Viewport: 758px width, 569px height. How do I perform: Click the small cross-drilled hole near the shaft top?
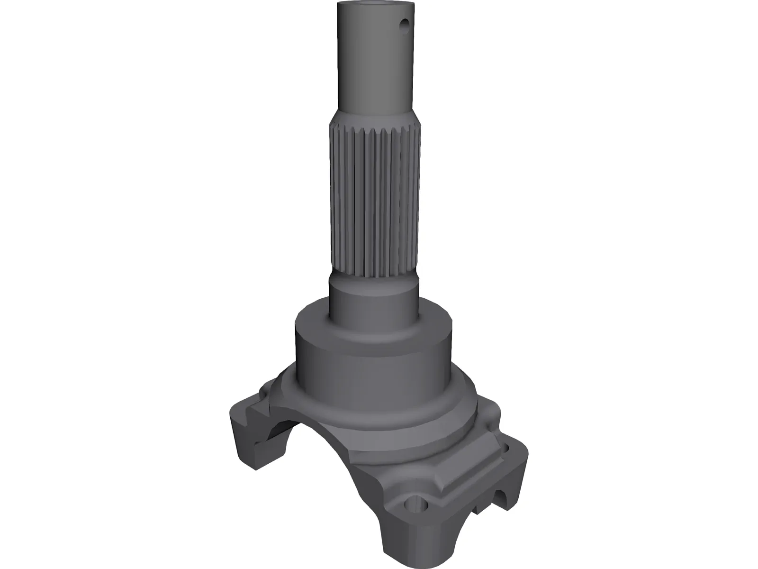click(405, 23)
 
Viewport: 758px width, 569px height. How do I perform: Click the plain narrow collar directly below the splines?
click(374, 303)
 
